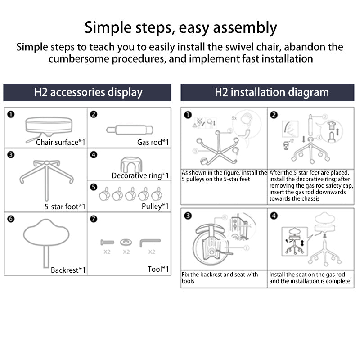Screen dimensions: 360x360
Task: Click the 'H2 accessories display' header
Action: tap(88, 93)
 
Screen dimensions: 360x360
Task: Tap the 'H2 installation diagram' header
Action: tap(271, 93)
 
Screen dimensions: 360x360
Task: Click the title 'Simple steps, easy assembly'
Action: tap(180, 27)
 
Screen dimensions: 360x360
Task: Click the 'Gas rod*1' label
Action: tap(153, 142)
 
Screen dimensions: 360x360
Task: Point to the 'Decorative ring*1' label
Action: tap(140, 175)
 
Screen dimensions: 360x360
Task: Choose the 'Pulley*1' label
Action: tap(155, 206)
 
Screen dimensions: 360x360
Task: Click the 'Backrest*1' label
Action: tap(68, 270)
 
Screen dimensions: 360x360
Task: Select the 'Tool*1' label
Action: tap(158, 269)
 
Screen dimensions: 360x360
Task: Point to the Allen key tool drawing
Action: tap(149, 243)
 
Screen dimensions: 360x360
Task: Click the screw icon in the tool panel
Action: tap(106, 242)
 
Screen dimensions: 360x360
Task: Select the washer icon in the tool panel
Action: tap(126, 242)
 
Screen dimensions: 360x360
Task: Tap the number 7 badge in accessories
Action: tap(94, 219)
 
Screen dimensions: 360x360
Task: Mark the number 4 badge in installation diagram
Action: tap(274, 216)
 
